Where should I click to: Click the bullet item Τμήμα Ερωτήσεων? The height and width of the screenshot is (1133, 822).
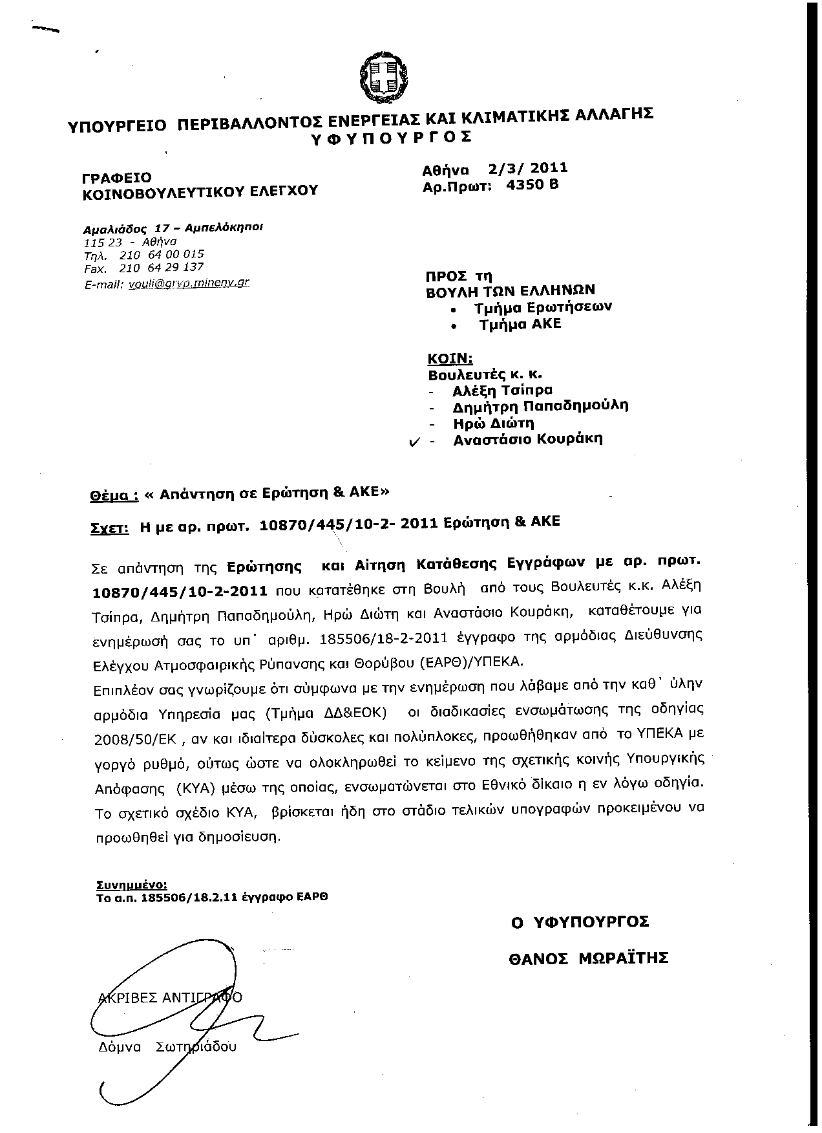(x=542, y=307)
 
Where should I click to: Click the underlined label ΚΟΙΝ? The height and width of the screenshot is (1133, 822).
(x=450, y=358)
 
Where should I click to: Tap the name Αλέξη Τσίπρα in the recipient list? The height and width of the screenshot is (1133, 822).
(x=503, y=390)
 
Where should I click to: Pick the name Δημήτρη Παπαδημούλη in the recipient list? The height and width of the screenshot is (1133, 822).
(x=540, y=406)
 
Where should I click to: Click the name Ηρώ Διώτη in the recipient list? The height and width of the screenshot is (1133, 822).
(x=494, y=424)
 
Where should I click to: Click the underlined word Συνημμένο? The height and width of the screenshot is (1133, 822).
(x=131, y=884)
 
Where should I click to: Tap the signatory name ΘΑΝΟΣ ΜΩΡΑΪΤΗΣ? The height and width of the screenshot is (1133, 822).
(x=587, y=958)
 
